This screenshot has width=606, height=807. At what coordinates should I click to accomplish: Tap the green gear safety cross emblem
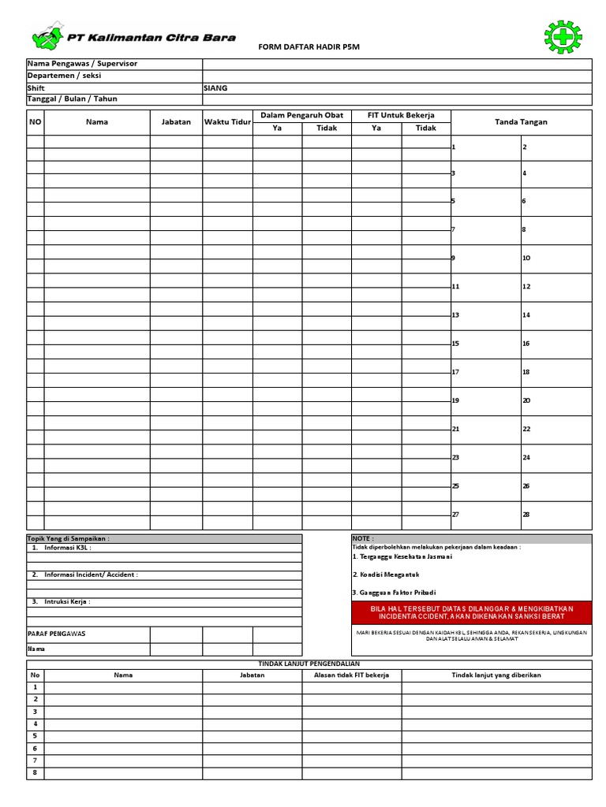[x=562, y=36]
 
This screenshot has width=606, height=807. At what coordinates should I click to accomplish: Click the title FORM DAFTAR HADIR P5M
[x=303, y=48]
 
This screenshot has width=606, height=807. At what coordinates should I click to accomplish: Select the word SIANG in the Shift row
[x=215, y=88]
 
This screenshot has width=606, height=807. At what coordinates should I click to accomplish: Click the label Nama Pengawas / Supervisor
[x=82, y=64]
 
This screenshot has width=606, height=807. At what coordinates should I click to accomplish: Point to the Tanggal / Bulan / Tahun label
[x=72, y=99]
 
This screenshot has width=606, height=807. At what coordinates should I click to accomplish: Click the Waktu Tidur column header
[x=227, y=122]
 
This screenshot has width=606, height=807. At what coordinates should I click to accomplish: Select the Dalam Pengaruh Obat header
[x=301, y=116]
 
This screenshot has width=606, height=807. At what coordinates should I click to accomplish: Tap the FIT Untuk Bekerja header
[x=401, y=116]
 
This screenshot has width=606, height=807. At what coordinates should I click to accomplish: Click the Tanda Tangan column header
[x=521, y=122]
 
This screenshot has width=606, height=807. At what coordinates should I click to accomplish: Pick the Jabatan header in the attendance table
[x=176, y=122]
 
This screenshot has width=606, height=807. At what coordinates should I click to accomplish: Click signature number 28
[x=526, y=515]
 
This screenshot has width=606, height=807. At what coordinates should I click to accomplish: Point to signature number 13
[x=455, y=315]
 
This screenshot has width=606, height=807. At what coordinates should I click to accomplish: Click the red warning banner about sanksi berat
[x=470, y=613]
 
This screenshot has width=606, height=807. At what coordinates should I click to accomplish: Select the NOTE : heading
[x=364, y=539]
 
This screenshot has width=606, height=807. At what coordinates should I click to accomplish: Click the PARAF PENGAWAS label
[x=57, y=634]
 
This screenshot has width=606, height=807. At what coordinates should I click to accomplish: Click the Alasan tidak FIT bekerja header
[x=352, y=675]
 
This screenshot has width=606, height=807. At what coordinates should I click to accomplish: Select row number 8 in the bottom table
[x=35, y=773]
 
